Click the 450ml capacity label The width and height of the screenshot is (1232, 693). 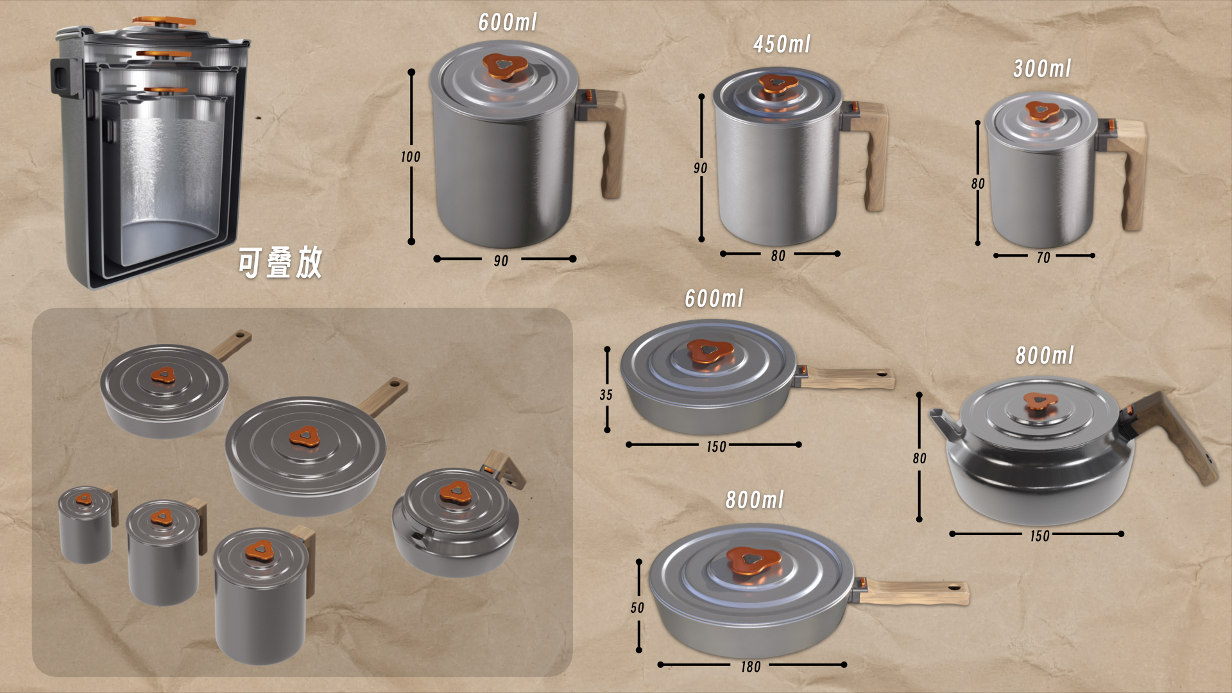tap(782, 44)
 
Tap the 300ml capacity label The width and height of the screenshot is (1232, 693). tap(1042, 69)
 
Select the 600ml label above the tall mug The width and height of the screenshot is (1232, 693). tap(507, 22)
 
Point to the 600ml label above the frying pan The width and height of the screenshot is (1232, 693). tap(714, 298)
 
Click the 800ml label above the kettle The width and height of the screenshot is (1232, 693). tap(1044, 355)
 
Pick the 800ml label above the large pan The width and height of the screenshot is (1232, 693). tap(755, 500)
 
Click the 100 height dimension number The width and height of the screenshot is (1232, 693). tap(411, 157)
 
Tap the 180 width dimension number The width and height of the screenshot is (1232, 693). tap(751, 667)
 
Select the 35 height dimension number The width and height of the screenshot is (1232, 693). tap(606, 395)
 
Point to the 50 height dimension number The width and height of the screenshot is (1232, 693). tap(637, 608)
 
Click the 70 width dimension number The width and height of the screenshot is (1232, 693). tap(1043, 258)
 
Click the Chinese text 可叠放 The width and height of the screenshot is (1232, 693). tap(280, 262)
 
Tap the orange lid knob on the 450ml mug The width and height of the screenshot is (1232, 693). tap(778, 84)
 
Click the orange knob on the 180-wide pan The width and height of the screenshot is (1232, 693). tap(753, 561)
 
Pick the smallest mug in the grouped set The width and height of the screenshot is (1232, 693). tap(87, 524)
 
